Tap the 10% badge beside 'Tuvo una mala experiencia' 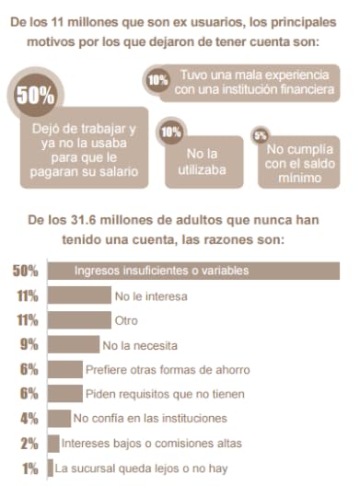tap(157, 81)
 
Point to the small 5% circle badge tap(261, 135)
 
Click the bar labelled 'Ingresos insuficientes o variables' tap(192, 272)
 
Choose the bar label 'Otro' tap(126, 321)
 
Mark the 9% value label tap(28, 346)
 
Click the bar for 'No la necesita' tap(73, 346)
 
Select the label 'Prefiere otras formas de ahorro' tap(167, 370)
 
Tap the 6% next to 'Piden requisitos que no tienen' tap(29, 394)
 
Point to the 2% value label tap(29, 444)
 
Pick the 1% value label tap(29, 468)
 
